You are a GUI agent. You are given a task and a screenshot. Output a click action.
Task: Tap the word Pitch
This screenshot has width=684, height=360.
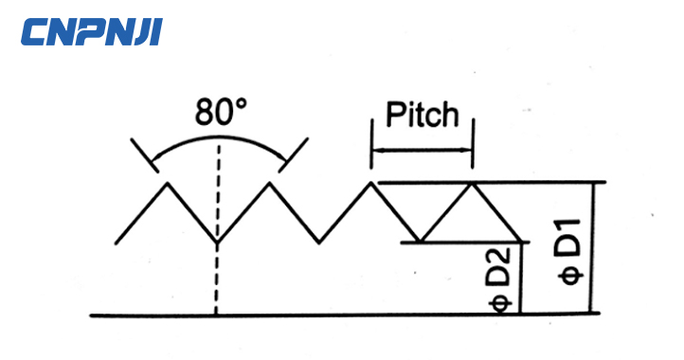pos(422,116)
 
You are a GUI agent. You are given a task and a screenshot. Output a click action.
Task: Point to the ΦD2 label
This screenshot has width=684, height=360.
pos(502,279)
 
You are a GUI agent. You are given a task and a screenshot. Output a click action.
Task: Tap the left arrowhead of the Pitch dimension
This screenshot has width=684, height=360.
pos(376,150)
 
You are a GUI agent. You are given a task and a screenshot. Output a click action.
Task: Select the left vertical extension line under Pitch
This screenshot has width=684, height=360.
pos(370,152)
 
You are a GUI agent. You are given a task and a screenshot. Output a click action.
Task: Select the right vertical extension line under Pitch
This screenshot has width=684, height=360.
pos(473,152)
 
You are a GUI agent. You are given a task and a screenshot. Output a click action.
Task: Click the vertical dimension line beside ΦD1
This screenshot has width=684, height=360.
pos(593,246)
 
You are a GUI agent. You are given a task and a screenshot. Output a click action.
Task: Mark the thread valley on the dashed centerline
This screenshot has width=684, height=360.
pos(218,243)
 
